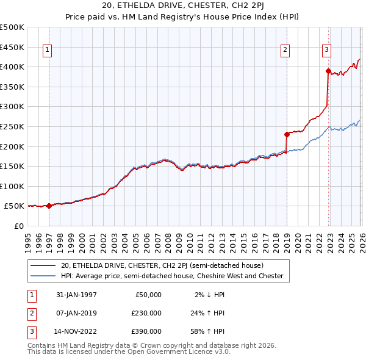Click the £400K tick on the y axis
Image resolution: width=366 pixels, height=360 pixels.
tap(12, 67)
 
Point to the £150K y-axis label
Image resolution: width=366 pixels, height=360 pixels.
tap(12, 166)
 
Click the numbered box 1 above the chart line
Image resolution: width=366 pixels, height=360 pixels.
tap(48, 51)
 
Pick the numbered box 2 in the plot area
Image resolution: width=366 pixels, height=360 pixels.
tap(285, 51)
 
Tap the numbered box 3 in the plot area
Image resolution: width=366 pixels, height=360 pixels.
tap(326, 51)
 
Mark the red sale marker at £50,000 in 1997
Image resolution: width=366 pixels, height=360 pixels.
tap(49, 206)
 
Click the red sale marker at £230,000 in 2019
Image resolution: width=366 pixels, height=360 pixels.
tap(286, 134)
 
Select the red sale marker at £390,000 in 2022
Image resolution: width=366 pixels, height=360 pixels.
tap(328, 71)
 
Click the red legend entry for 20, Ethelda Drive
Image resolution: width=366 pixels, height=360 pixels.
tap(162, 265)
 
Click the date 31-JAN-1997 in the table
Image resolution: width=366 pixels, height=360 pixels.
tap(76, 295)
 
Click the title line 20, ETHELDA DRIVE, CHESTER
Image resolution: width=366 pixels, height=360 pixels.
tap(182, 7)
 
